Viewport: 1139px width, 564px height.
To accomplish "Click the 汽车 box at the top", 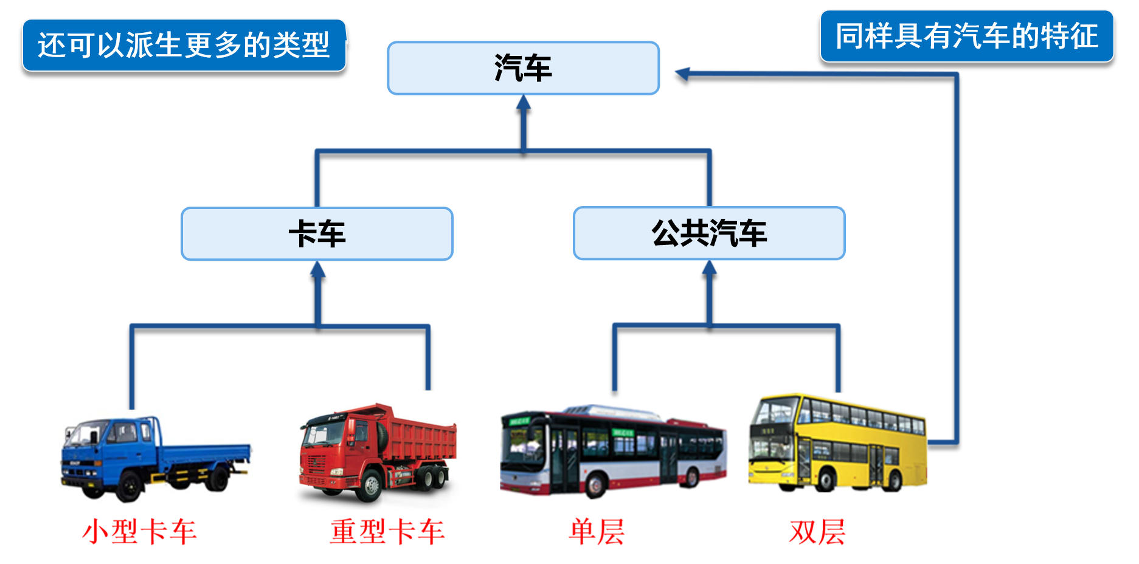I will pyautogui.click(x=523, y=68).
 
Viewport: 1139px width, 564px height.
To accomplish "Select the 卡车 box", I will pyautogui.click(x=317, y=234).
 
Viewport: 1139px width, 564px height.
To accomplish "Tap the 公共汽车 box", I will pyautogui.click(x=709, y=233).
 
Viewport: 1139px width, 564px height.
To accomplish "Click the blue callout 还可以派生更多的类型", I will pyautogui.click(x=184, y=45).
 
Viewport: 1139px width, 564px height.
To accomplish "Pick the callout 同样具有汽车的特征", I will pyautogui.click(x=966, y=36).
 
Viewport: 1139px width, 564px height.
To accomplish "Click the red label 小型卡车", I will pyautogui.click(x=139, y=532).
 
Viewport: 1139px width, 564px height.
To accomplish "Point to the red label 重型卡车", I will pyautogui.click(x=387, y=532).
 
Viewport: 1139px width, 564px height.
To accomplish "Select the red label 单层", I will pyautogui.click(x=597, y=532).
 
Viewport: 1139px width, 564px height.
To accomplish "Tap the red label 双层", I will pyautogui.click(x=817, y=532).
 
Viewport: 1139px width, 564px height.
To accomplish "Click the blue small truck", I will pyautogui.click(x=155, y=459).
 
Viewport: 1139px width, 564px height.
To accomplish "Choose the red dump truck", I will pyautogui.click(x=377, y=453).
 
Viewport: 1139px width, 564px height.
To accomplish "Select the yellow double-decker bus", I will pyautogui.click(x=837, y=442).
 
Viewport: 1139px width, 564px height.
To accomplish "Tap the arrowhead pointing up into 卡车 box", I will pyautogui.click(x=317, y=269).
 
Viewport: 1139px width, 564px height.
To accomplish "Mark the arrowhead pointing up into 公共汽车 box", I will pyautogui.click(x=709, y=268).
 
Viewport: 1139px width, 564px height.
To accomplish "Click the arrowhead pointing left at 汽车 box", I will pyautogui.click(x=682, y=74).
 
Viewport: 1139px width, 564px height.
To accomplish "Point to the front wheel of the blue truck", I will pyautogui.click(x=128, y=486).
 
